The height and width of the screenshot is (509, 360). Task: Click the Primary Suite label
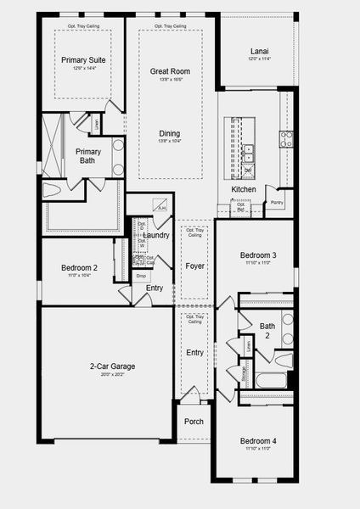point(82,60)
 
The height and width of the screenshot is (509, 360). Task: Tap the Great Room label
point(169,72)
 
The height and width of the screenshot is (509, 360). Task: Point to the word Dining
point(169,133)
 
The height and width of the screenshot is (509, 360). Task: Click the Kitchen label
point(244,189)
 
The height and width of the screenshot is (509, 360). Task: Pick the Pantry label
point(277,203)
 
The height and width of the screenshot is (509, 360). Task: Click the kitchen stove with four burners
point(287,139)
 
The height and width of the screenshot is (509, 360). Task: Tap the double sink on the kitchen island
point(249,153)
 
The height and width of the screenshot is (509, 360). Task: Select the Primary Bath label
point(87,156)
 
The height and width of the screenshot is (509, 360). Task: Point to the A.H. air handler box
point(161,205)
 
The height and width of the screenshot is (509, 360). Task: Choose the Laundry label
point(156,235)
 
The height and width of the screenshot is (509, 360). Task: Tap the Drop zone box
point(140,276)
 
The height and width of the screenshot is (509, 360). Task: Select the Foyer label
point(195,266)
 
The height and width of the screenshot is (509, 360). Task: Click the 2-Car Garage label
point(106,366)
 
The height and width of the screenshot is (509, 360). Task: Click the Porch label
point(194,422)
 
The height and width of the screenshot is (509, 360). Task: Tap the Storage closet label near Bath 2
point(244,374)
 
